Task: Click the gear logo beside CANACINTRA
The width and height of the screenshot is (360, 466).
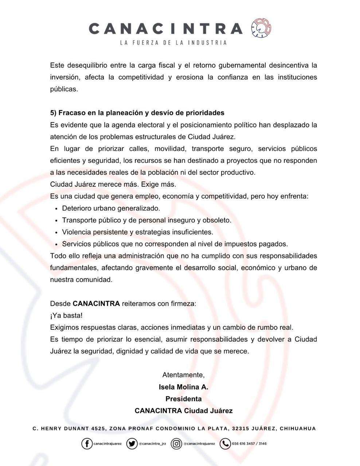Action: [261, 28]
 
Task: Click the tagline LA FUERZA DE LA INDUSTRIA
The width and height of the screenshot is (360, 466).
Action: [173, 43]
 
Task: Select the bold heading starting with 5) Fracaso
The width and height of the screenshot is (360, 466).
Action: [137, 113]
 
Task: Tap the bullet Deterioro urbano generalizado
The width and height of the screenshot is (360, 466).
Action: [111, 208]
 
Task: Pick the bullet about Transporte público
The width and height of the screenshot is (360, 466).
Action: [146, 220]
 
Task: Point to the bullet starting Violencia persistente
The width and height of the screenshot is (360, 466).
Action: [137, 232]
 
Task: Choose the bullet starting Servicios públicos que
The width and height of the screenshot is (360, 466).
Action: [175, 244]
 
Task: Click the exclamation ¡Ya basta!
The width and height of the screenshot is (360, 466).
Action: [66, 315]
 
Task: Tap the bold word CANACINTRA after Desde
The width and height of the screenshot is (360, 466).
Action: [96, 303]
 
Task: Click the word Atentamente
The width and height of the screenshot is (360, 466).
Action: [183, 375]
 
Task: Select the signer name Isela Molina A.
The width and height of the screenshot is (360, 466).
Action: [183, 387]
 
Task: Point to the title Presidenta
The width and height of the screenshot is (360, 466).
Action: [183, 399]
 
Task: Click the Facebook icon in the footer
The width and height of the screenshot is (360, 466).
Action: [87, 443]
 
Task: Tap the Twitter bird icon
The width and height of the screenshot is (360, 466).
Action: [132, 443]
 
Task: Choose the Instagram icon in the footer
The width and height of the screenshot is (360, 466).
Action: [177, 443]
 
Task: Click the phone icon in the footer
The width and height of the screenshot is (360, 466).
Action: [225, 443]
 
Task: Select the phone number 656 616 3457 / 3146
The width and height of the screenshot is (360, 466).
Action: [249, 443]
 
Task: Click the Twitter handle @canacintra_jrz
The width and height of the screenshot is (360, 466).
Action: [152, 444]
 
